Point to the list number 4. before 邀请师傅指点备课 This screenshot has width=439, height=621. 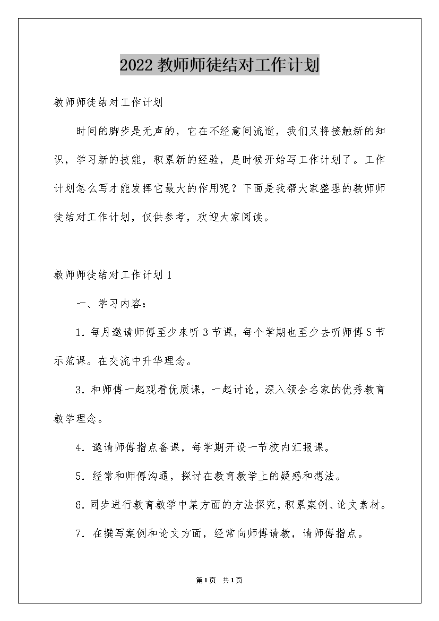[80, 447]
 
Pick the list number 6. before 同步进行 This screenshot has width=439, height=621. [80, 505]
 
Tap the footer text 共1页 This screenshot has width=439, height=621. [233, 580]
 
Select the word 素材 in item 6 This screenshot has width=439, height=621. [371, 505]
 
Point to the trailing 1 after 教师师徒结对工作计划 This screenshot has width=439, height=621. [169, 275]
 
